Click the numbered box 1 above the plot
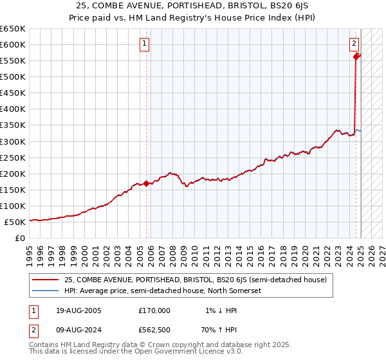pos(144,44)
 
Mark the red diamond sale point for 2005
pos(146,183)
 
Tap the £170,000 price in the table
pos(155,310)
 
